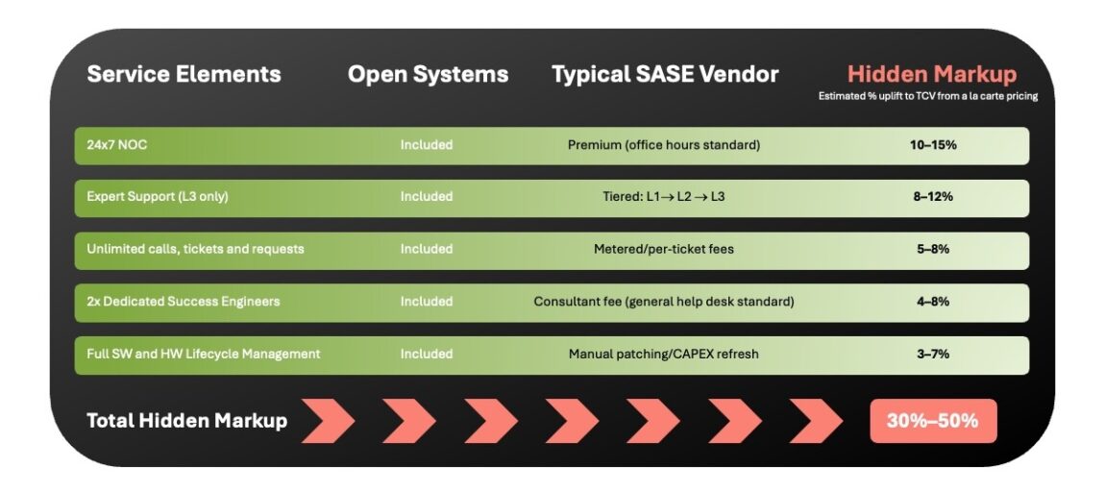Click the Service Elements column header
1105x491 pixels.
coord(184,74)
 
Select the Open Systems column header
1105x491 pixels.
coord(428,74)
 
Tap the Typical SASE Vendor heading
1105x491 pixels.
coord(665,74)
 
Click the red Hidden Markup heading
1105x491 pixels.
coord(931,74)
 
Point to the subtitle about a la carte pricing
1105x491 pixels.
coord(927,96)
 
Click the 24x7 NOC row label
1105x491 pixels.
coord(117,145)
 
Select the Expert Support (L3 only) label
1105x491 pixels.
coord(158,197)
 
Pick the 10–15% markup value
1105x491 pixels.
coord(932,145)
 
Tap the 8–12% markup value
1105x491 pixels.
coord(932,197)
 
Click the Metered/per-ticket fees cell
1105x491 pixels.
coord(663,249)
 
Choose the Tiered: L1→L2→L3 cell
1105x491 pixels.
coord(663,197)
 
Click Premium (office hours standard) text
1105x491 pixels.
coord(663,145)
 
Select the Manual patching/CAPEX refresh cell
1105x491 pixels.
coord(663,354)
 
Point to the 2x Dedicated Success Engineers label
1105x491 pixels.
coord(184,302)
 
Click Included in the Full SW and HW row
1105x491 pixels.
coord(426,354)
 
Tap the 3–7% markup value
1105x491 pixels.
coord(932,354)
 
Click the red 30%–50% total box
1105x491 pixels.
coord(932,421)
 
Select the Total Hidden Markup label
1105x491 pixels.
coord(186,421)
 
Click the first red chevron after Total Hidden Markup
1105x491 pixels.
coord(328,421)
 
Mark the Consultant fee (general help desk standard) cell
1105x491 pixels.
coord(663,302)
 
